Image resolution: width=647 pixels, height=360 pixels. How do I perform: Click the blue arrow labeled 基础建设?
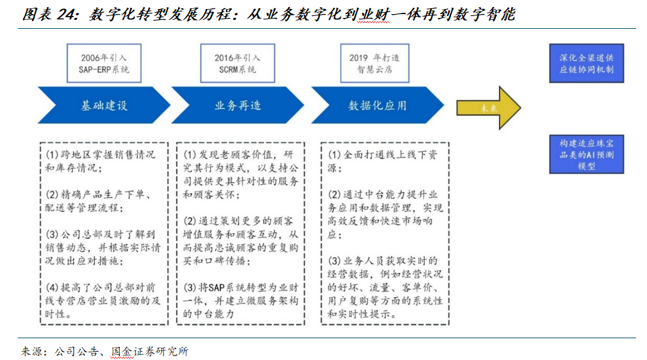(x=102, y=106)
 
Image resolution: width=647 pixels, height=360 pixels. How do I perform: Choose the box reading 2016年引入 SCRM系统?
(x=238, y=63)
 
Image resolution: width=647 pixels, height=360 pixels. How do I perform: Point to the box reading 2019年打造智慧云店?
(x=372, y=63)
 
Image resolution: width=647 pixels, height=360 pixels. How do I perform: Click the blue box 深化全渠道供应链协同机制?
(x=586, y=63)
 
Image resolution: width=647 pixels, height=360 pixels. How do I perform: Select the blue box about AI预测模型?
(x=586, y=154)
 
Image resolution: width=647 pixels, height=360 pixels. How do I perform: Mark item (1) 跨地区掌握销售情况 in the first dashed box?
(x=99, y=161)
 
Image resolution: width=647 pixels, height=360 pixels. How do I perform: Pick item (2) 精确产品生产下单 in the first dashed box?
(x=99, y=201)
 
